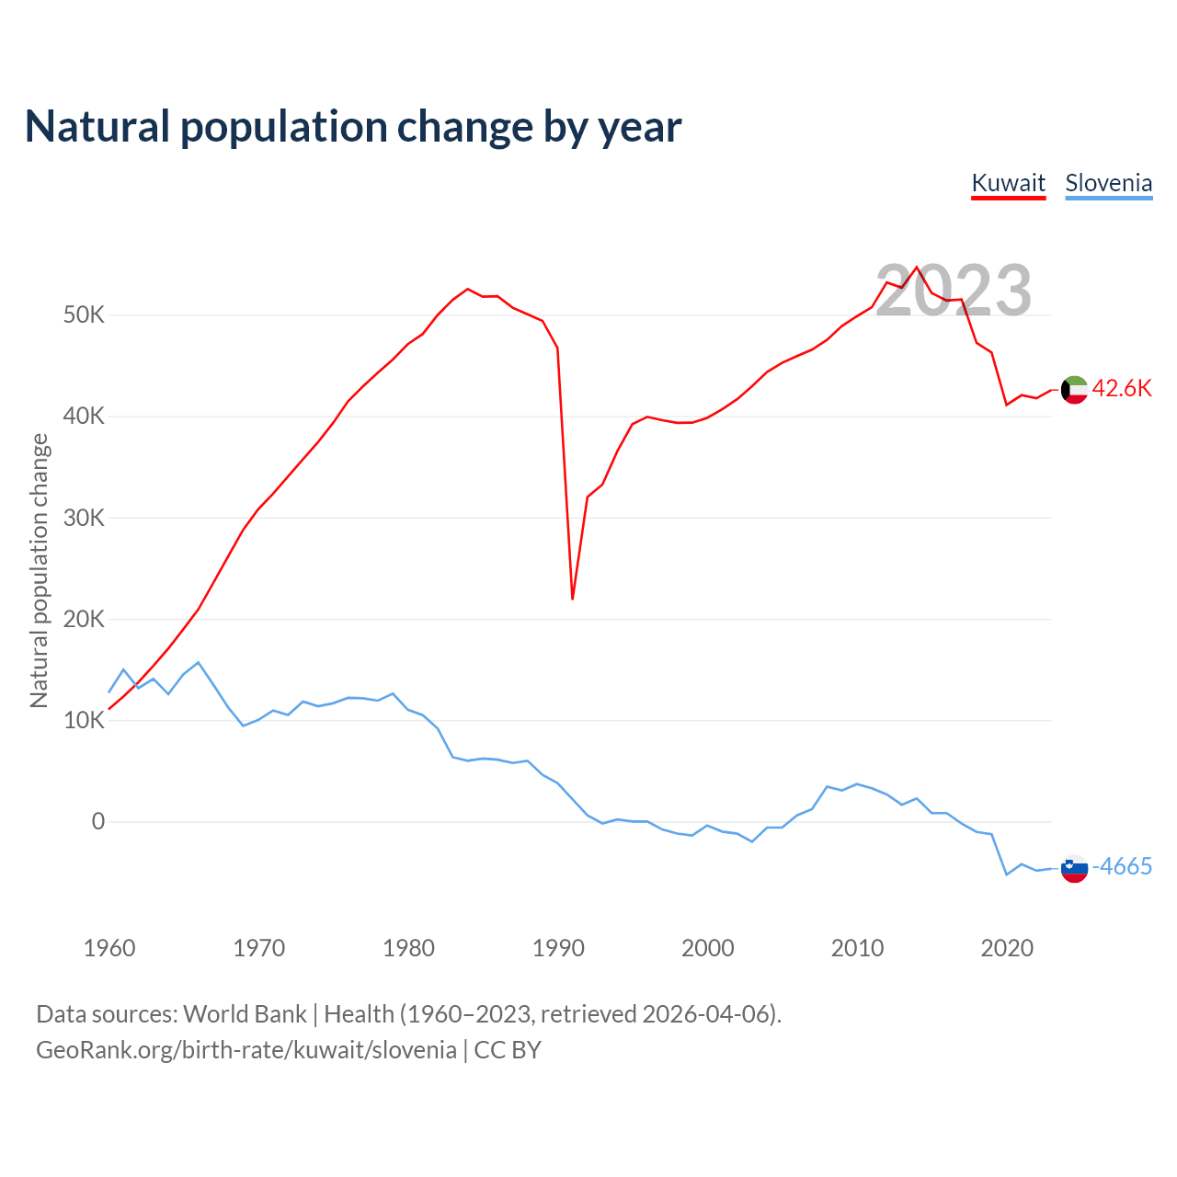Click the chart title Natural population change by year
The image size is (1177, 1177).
[353, 127]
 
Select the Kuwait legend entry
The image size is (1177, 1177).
[1008, 183]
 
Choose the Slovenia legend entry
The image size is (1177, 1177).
[1108, 183]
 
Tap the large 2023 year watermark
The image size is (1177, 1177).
[953, 291]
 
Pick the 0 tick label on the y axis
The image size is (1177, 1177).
[98, 821]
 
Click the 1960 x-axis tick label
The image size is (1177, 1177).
[109, 948]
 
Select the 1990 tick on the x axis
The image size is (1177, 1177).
[558, 948]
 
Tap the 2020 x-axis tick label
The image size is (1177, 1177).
[1007, 948]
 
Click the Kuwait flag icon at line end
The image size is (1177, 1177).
[1074, 390]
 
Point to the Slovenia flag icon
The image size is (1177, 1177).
[1074, 868]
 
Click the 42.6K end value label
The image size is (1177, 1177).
[1122, 388]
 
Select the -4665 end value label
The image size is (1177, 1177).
[1122, 866]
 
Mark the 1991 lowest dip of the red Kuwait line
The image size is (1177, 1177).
[573, 599]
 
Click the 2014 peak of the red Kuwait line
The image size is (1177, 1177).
[917, 268]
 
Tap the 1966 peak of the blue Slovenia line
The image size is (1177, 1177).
[199, 662]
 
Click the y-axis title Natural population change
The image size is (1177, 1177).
[40, 570]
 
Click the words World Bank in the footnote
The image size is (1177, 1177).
[245, 1013]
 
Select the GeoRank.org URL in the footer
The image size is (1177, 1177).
[246, 1049]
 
